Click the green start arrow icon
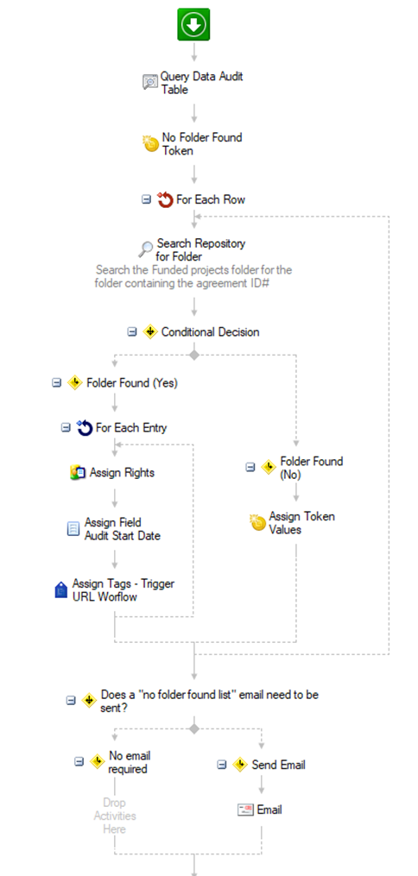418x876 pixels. pos(194,24)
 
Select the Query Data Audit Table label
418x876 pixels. pos(202,82)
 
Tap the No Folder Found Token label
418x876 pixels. pos(202,143)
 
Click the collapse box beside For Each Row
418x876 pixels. pos(147,199)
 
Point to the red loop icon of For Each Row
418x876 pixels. pos(165,199)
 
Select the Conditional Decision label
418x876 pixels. pos(210,332)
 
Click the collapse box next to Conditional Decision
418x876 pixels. pos(132,332)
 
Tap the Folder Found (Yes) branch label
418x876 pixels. pos(132,383)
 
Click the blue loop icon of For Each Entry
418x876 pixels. pos(85,428)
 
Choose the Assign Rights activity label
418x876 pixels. pos(122,473)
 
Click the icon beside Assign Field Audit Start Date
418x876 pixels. pos(73,528)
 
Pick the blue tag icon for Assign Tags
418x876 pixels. pos(61,590)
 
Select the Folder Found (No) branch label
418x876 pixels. pos(311,468)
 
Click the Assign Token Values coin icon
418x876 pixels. pos(257,522)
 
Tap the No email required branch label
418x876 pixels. pos(130,762)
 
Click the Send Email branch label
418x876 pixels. pos(278,765)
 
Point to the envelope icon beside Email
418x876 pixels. pos(245,810)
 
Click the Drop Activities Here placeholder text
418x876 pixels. pos(115,816)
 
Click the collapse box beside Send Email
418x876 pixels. pos(222,765)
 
